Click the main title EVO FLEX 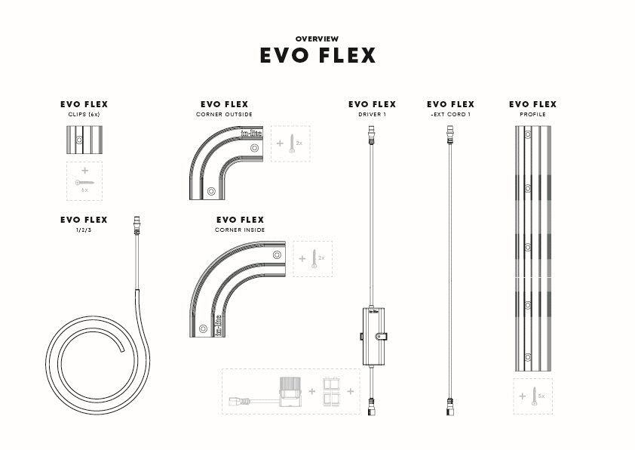click(317, 56)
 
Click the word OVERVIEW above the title click(317, 39)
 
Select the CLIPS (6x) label click(84, 115)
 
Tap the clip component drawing click(84, 140)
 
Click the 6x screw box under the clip click(84, 181)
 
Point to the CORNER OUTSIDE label click(224, 115)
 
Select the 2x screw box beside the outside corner click(290, 143)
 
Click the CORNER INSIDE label click(240, 230)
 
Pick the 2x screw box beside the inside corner click(312, 259)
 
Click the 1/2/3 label click(84, 230)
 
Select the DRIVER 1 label click(372, 115)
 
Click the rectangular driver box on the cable click(373, 336)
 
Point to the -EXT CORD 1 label click(450, 115)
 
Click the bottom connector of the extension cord click(450, 406)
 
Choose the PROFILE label click(532, 115)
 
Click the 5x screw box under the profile click(532, 396)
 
